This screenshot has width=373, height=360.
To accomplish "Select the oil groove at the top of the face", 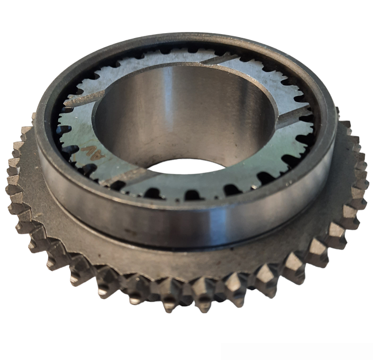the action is (x=219, y=59).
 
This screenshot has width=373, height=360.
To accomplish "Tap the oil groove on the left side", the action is (x=84, y=97).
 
